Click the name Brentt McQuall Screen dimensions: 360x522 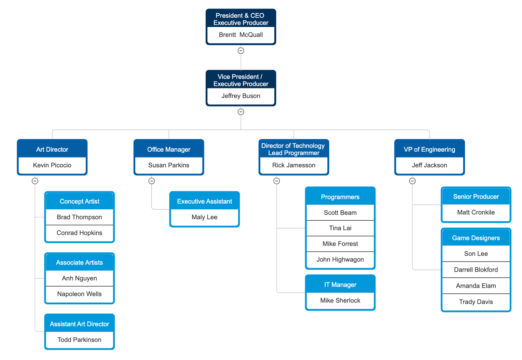(x=241, y=35)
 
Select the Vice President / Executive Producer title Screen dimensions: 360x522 (x=241, y=80)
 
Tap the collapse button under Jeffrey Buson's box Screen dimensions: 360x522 (x=241, y=112)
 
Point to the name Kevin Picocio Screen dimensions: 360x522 (x=52, y=165)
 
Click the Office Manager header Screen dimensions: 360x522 (x=169, y=150)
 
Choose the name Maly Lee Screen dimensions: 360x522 (x=204, y=217)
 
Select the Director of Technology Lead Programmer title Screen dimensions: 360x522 (x=293, y=149)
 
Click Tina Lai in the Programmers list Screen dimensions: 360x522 (x=340, y=228)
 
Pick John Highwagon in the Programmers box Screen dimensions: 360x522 (x=340, y=260)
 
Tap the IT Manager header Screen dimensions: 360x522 (x=340, y=285)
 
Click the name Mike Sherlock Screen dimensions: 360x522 (x=340, y=301)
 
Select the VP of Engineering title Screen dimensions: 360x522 (x=429, y=150)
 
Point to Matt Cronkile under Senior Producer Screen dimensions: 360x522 (x=476, y=212)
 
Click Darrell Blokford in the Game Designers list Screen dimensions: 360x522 (x=476, y=270)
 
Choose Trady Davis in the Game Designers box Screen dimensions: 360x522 (x=476, y=302)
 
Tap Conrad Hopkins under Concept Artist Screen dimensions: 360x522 (x=80, y=233)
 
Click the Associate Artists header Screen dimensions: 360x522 (x=80, y=263)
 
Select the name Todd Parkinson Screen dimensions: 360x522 (x=80, y=340)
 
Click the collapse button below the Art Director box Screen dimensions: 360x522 (x=35, y=181)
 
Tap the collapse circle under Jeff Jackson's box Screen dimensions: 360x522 (x=412, y=181)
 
